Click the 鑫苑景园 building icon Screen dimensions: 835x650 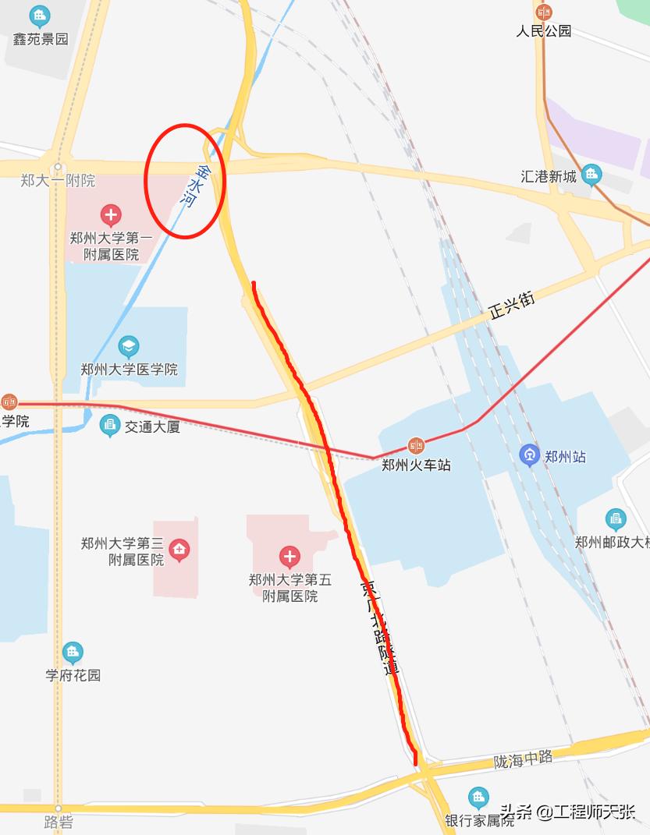tap(38, 15)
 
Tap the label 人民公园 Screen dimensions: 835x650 tap(544, 31)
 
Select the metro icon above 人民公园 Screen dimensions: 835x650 tap(544, 12)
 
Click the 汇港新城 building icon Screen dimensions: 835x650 tap(591, 173)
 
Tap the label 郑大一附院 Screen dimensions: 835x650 tap(58, 181)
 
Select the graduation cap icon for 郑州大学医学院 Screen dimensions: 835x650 tap(129, 345)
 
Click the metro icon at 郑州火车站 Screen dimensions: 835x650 tap(416, 446)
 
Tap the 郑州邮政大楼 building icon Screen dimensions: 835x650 tap(616, 519)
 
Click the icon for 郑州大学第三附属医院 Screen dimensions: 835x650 tap(180, 550)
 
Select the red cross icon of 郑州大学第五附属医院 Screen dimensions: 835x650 tap(289, 557)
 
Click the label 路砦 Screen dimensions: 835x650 tap(58, 822)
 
